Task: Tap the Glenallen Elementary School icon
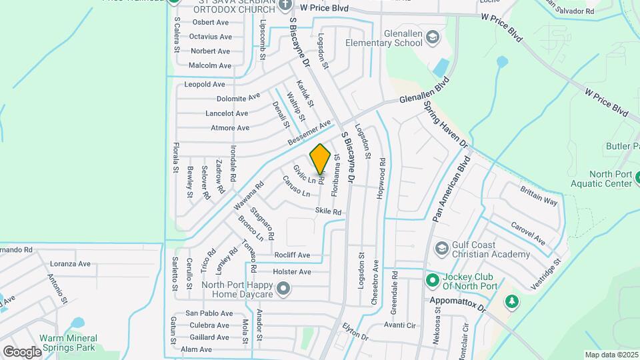433,37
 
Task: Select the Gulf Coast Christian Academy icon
441,249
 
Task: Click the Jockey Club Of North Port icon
432,279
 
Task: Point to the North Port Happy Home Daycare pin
284,289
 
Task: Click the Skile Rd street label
328,211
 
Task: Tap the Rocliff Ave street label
292,255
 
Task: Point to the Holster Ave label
292,271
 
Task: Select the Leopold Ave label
205,85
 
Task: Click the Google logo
21,351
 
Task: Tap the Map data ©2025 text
611,355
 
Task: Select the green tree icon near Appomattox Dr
512,302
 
